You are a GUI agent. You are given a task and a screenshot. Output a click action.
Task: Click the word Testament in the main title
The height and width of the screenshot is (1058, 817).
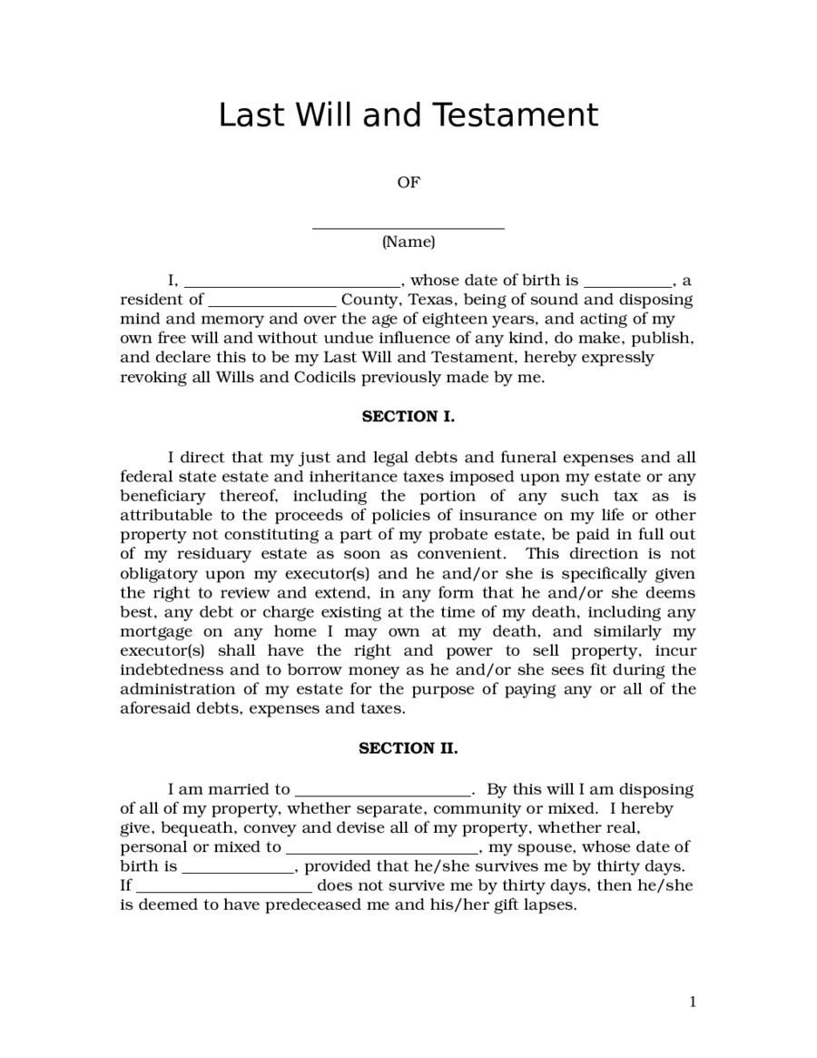click(514, 116)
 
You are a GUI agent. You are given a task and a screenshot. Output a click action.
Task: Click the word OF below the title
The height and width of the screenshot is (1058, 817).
click(408, 183)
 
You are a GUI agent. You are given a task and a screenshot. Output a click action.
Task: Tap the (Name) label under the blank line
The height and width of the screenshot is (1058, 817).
click(408, 242)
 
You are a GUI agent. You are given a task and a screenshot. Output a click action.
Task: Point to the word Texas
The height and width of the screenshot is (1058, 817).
click(433, 300)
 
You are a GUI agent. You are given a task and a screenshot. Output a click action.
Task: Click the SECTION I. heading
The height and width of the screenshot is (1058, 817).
click(408, 417)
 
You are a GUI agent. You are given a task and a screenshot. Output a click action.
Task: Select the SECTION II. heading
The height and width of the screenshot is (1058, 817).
click(408, 748)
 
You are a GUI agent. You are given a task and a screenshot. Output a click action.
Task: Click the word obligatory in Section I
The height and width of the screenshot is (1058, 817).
click(160, 574)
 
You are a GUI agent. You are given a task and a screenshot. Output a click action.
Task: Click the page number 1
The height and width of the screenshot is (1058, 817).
click(693, 1003)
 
